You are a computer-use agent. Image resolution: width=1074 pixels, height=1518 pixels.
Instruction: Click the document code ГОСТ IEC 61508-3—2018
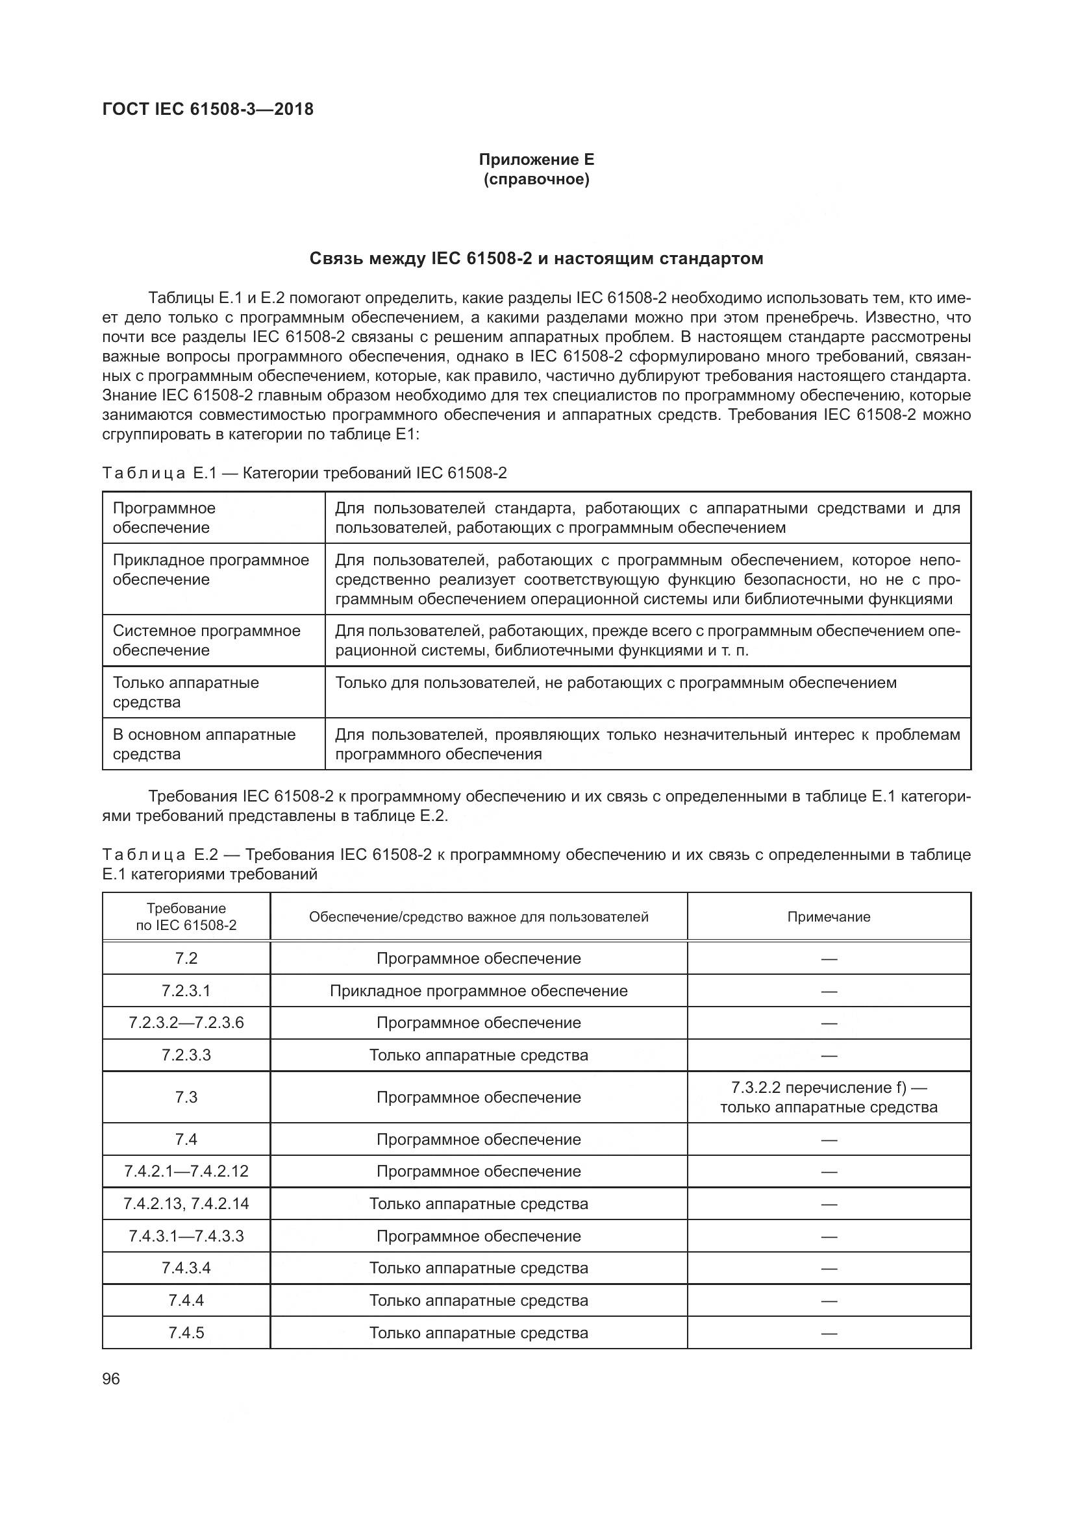click(x=208, y=109)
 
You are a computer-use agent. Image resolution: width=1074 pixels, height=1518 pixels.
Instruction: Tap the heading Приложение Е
click(x=536, y=160)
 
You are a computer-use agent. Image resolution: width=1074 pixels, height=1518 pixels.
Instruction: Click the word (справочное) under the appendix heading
click(x=536, y=179)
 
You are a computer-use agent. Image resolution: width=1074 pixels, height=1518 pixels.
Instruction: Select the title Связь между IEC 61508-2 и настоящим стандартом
click(x=536, y=258)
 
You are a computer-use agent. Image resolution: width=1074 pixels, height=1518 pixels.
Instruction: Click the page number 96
click(x=111, y=1378)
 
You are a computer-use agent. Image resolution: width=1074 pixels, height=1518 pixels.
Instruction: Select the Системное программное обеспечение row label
click(x=206, y=640)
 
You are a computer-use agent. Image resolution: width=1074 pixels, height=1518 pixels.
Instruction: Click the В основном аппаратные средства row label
click(x=204, y=744)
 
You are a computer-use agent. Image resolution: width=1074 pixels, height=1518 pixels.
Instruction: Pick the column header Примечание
click(x=828, y=916)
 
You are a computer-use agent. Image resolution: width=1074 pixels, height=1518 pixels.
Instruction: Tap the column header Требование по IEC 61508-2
click(x=186, y=916)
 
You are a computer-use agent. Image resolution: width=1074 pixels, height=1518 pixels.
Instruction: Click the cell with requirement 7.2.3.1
click(x=186, y=990)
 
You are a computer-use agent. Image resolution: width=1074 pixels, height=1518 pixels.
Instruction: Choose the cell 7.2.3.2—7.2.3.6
click(x=186, y=1023)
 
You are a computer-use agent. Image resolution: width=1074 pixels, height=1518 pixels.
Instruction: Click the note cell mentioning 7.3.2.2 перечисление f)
click(x=828, y=1097)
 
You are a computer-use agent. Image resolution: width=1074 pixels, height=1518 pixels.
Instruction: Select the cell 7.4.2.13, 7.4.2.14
click(x=186, y=1203)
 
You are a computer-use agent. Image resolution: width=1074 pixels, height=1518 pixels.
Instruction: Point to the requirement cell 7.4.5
click(x=186, y=1332)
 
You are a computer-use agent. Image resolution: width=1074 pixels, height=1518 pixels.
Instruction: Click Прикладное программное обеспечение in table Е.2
click(x=478, y=990)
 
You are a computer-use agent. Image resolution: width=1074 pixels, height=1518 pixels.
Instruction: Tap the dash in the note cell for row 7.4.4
click(x=828, y=1301)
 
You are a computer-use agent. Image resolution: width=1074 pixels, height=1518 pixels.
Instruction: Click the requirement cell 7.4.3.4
click(x=186, y=1268)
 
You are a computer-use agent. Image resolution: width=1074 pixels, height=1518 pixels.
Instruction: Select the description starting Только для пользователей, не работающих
click(x=615, y=682)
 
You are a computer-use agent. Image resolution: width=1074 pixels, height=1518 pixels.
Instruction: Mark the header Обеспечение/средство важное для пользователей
click(x=478, y=916)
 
